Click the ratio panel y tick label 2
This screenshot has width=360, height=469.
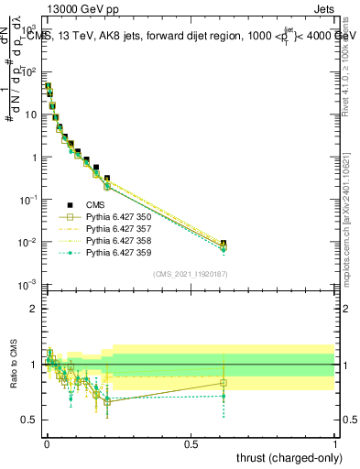point(33,310)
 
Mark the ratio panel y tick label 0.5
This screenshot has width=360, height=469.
point(29,420)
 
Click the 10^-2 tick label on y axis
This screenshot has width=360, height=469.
point(27,242)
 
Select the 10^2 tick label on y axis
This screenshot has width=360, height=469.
point(28,71)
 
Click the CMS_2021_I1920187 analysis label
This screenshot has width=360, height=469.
point(190,273)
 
